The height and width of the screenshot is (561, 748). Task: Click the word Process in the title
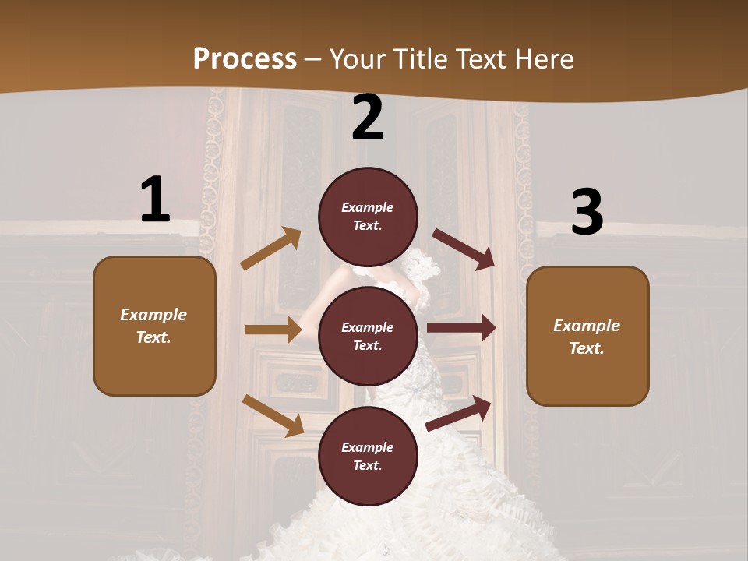[245, 59]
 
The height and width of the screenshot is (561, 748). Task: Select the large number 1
[155, 199]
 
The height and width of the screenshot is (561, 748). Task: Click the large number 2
[368, 118]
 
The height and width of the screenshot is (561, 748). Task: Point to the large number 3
[587, 213]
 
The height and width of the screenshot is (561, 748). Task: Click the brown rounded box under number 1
[154, 326]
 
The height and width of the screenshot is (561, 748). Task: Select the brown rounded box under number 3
[587, 336]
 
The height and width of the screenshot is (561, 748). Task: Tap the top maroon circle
[368, 217]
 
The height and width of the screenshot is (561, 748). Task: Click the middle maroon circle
[368, 336]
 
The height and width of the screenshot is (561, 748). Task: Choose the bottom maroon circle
[368, 456]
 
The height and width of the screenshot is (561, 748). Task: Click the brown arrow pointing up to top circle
[271, 249]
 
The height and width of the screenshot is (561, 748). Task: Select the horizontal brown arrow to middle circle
[273, 330]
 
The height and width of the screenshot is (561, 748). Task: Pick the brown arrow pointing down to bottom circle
[273, 415]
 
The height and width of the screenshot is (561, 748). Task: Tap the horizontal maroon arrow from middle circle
[461, 328]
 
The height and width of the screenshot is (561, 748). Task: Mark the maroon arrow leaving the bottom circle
[459, 413]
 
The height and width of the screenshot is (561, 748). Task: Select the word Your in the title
[356, 59]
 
